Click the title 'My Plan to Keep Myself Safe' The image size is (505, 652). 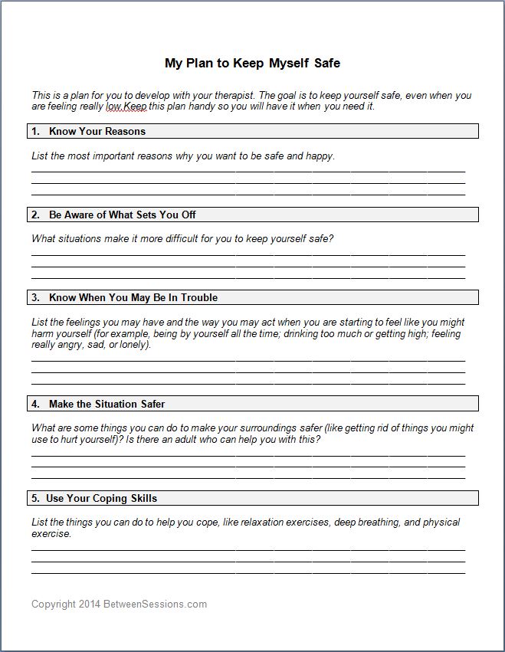[252, 63]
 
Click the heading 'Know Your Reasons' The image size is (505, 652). [97, 131]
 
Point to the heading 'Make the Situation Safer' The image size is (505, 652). [107, 404]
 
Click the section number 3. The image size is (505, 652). [35, 297]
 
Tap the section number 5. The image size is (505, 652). [35, 498]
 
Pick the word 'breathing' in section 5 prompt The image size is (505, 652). [377, 523]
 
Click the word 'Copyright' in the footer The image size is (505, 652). [54, 604]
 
